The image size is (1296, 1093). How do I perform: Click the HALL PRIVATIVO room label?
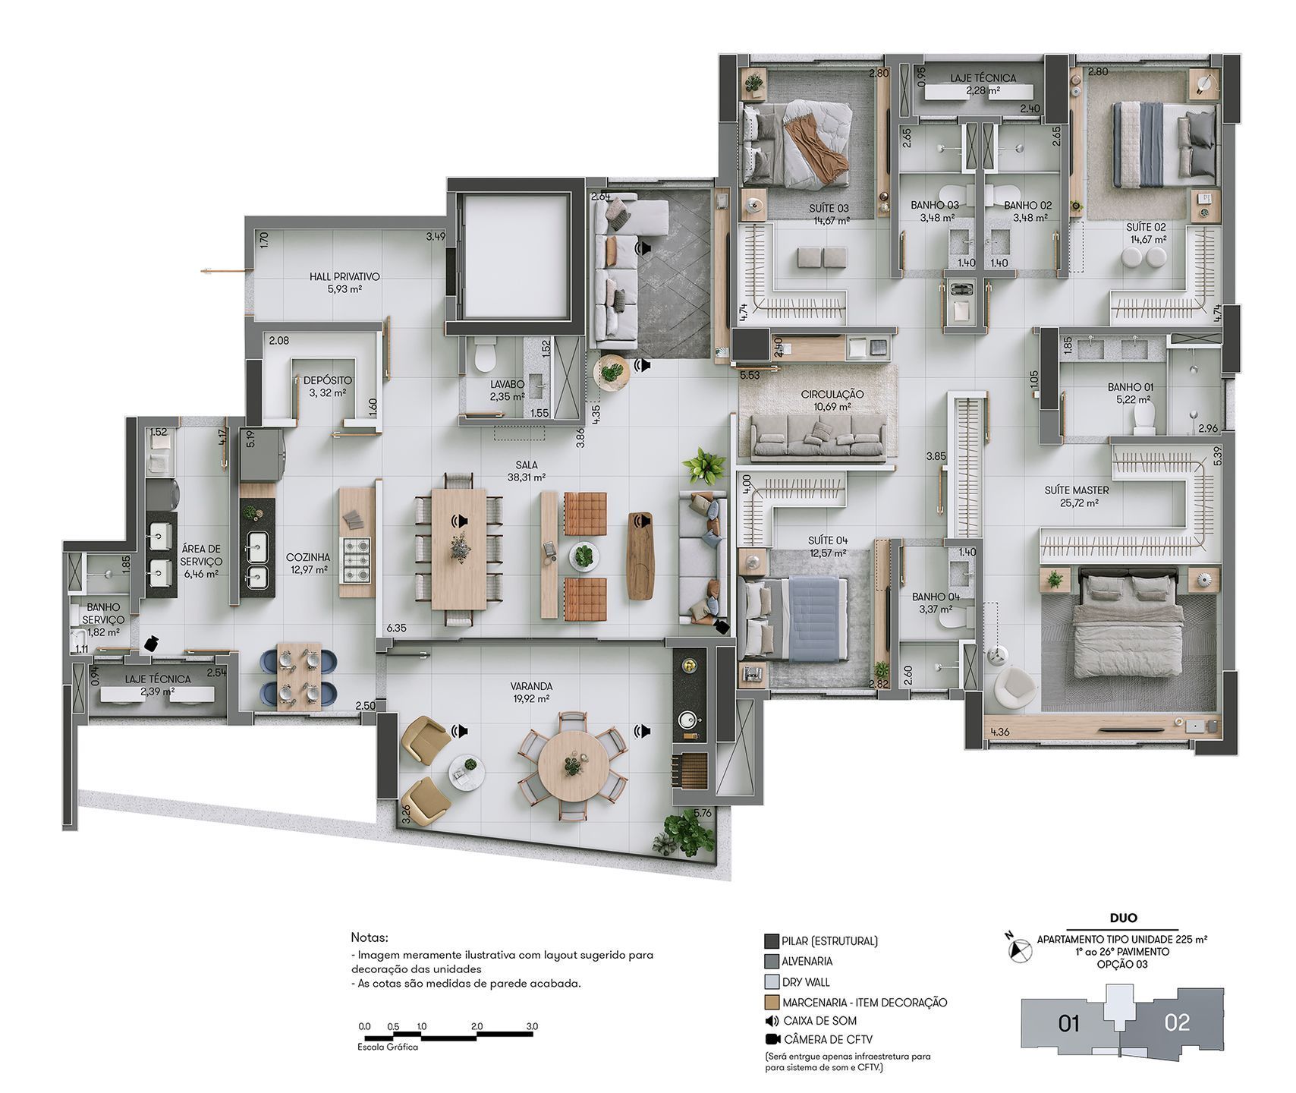pos(344,277)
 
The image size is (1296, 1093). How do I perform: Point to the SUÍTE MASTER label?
pos(1077,490)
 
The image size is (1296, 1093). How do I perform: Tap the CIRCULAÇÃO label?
pos(832,395)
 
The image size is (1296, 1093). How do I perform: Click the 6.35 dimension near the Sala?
pos(396,628)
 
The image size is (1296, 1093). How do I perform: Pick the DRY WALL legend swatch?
pos(772,981)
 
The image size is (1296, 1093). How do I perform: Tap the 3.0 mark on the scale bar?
pos(531,1026)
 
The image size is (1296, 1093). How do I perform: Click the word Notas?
pos(370,938)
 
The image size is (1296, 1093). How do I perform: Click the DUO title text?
pos(1121,918)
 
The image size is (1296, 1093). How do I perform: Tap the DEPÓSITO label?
pos(328,380)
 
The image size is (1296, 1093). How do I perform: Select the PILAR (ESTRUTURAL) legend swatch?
pos(772,941)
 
